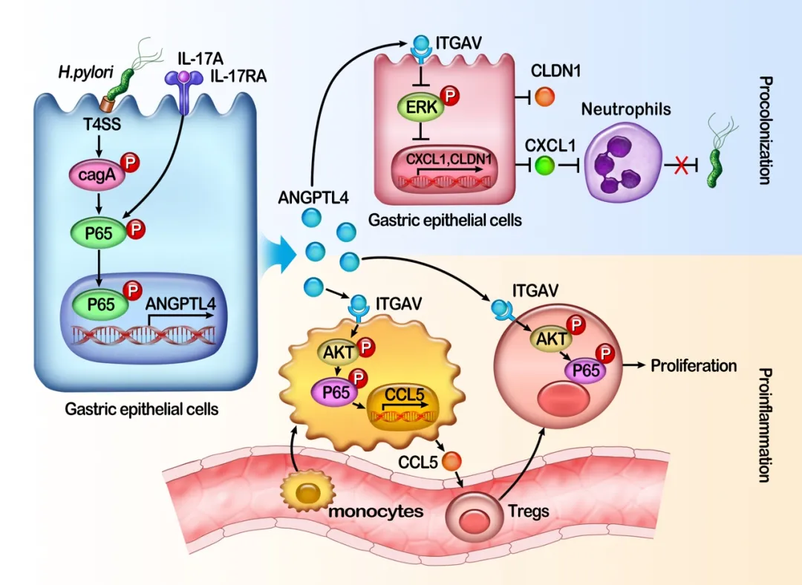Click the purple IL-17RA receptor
178,85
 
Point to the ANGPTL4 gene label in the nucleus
181,302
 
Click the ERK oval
421,108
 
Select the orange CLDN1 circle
545,97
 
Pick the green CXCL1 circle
545,163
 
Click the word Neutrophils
626,110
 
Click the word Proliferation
694,365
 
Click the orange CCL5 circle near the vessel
451,462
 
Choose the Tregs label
529,511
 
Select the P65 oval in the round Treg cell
584,369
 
